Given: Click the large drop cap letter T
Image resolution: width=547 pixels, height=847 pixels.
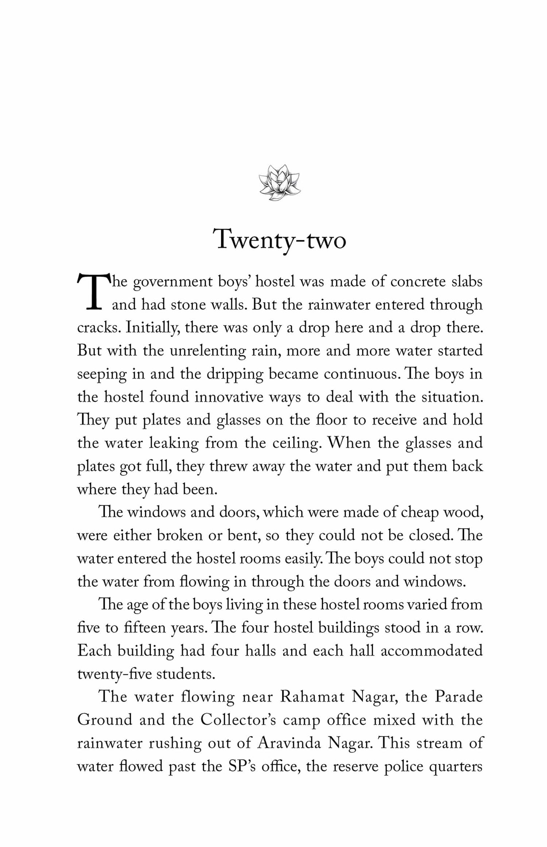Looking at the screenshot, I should [x=93, y=292].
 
